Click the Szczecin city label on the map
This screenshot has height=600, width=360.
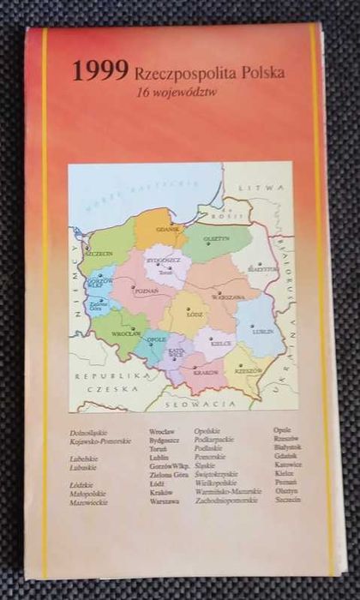click(99, 254)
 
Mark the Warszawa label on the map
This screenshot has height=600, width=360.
click(228, 297)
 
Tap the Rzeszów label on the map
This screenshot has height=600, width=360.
click(249, 370)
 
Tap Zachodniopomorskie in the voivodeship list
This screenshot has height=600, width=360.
click(225, 501)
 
